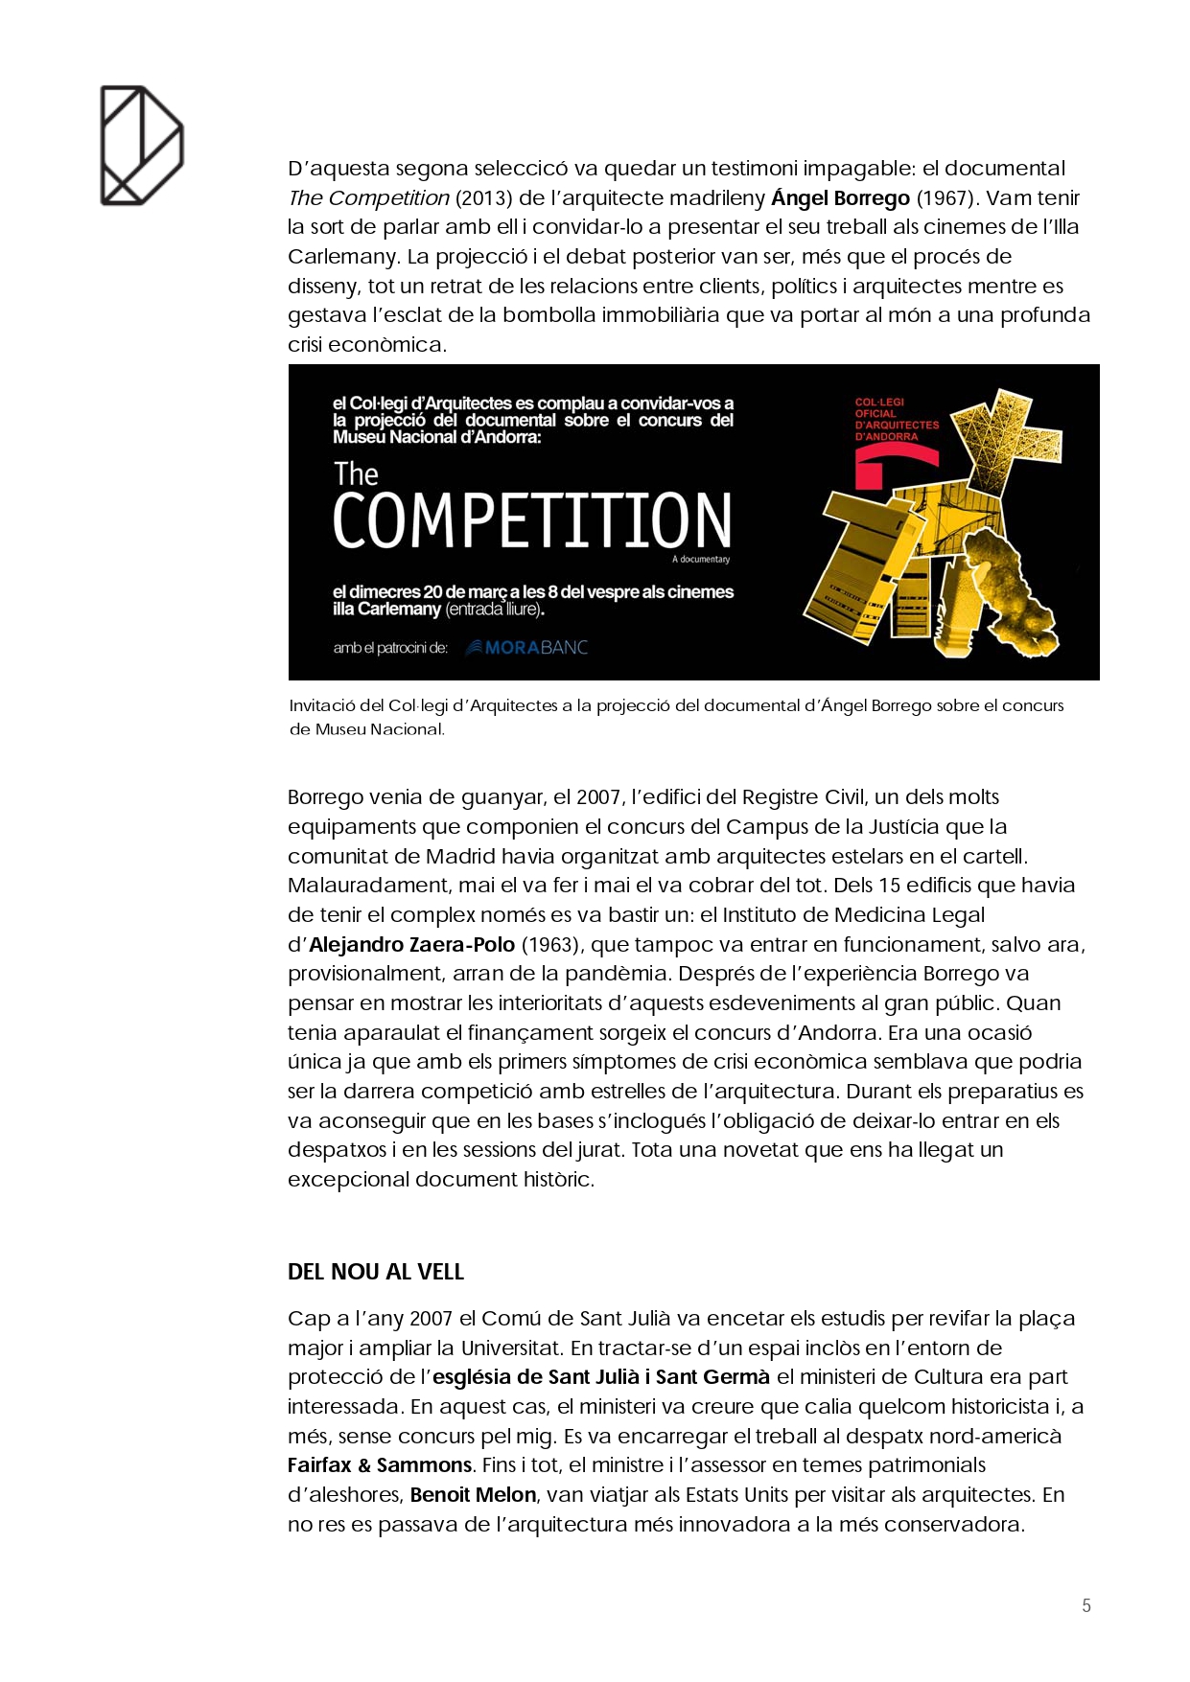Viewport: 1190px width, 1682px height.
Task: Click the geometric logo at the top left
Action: (142, 146)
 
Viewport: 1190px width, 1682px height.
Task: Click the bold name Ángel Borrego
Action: (840, 198)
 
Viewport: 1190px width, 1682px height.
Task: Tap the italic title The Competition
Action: (368, 198)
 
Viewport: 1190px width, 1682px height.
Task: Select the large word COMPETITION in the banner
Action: (532, 520)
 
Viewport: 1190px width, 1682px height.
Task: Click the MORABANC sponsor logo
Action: (526, 648)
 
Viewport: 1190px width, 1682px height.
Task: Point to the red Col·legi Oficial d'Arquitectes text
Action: (897, 420)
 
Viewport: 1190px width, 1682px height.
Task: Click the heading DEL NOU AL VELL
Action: (376, 1272)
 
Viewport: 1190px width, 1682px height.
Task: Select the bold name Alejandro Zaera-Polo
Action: (412, 945)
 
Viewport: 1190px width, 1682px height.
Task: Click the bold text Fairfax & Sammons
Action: (380, 1465)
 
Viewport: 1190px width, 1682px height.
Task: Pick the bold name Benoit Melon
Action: (473, 1495)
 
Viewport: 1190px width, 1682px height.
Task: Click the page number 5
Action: (1086, 1605)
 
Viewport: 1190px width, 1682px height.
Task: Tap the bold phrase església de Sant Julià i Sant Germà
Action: (601, 1377)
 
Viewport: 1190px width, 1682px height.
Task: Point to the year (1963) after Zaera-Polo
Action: (549, 945)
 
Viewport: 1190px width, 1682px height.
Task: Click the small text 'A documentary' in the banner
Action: (701, 559)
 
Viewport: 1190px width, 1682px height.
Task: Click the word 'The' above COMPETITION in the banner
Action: (356, 474)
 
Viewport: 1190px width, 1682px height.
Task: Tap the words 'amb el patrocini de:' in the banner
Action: (390, 648)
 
